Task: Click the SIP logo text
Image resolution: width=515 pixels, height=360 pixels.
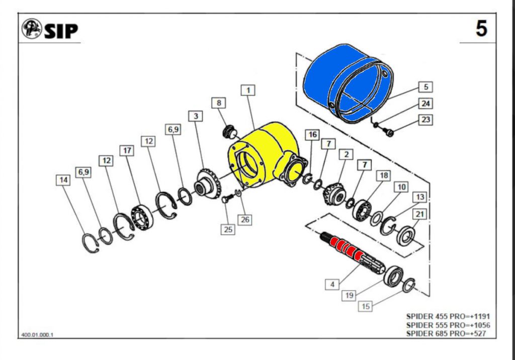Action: pyautogui.click(x=61, y=31)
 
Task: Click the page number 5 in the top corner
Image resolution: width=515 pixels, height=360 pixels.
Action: pyautogui.click(x=481, y=29)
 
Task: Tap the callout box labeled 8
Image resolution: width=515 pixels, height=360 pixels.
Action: pyautogui.click(x=219, y=103)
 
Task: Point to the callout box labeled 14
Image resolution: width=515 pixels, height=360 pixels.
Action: pyautogui.click(x=63, y=180)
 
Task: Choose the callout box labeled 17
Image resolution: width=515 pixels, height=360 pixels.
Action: pyautogui.click(x=126, y=150)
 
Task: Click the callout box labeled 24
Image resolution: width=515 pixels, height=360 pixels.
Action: pyautogui.click(x=425, y=104)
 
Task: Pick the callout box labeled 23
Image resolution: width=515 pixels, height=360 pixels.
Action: pyautogui.click(x=425, y=120)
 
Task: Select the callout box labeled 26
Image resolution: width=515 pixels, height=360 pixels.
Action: pyautogui.click(x=244, y=220)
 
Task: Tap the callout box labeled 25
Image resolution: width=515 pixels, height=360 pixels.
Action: pyautogui.click(x=229, y=229)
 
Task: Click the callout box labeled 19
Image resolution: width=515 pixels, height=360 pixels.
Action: pyautogui.click(x=350, y=295)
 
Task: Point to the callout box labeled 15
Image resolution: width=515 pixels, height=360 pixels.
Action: pyautogui.click(x=366, y=306)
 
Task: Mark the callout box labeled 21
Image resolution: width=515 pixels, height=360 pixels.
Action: pyautogui.click(x=419, y=215)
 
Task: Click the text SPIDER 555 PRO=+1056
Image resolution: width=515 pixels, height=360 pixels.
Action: pyautogui.click(x=448, y=325)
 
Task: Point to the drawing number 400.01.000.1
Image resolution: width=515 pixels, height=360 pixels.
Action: pyautogui.click(x=37, y=335)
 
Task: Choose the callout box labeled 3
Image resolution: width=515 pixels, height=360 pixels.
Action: pyautogui.click(x=196, y=116)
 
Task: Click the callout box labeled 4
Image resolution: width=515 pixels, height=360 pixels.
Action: pyautogui.click(x=332, y=285)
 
